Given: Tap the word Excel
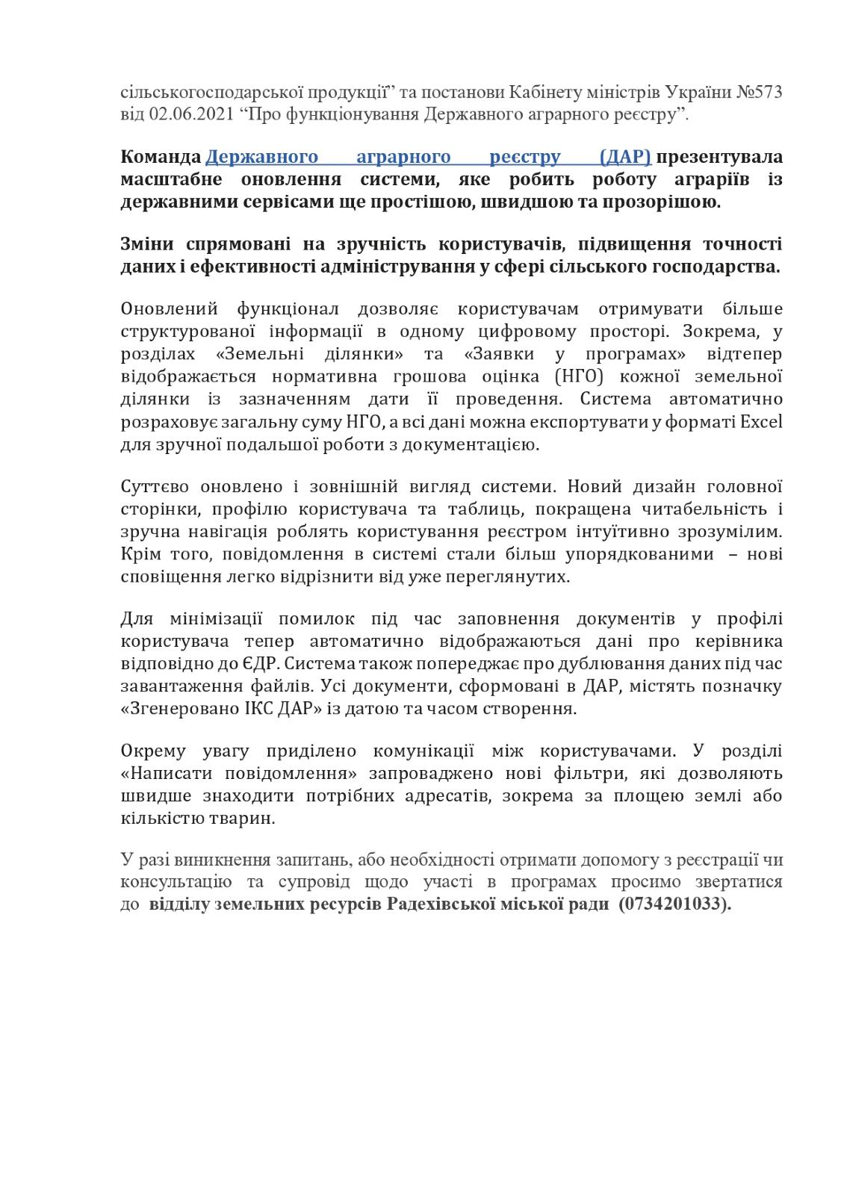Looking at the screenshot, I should tap(761, 422).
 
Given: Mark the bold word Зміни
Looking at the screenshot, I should tap(146, 245).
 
